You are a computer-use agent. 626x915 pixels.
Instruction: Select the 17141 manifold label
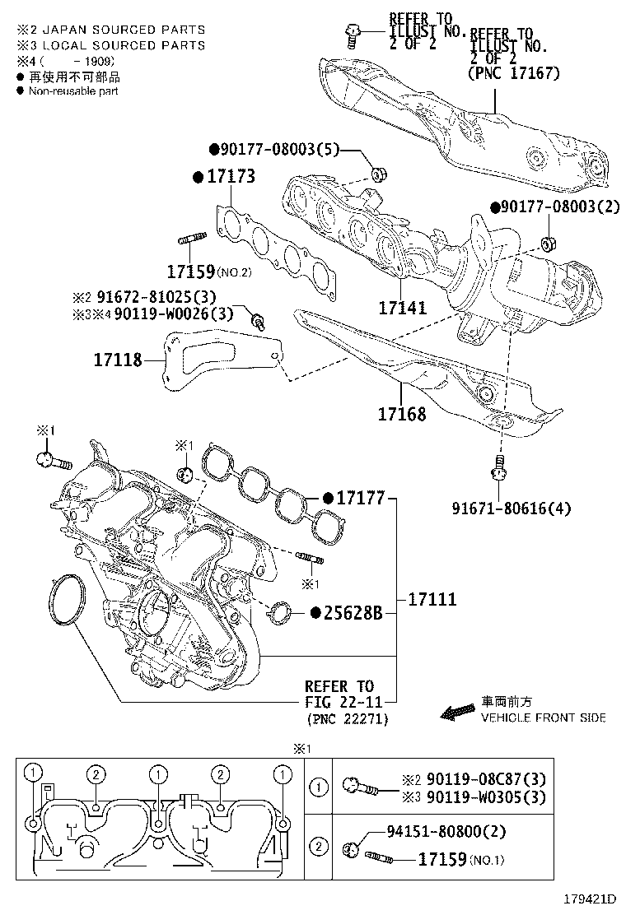pyautogui.click(x=402, y=309)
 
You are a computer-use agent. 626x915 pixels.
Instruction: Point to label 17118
pyautogui.click(x=117, y=360)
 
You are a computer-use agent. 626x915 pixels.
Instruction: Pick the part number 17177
pyautogui.click(x=361, y=498)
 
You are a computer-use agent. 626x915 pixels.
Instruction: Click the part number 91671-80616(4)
pyautogui.click(x=511, y=509)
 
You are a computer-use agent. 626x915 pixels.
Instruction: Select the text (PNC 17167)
pyautogui.click(x=513, y=73)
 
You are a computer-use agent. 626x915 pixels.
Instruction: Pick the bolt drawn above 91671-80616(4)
pyautogui.click(x=498, y=467)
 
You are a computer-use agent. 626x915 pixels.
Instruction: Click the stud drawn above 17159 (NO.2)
pyautogui.click(x=190, y=241)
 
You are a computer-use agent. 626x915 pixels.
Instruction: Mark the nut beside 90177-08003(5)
pyautogui.click(x=379, y=174)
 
